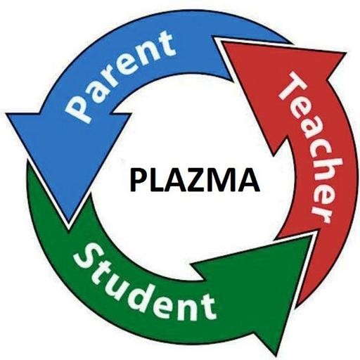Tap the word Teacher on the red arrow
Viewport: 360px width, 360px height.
point(309,148)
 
